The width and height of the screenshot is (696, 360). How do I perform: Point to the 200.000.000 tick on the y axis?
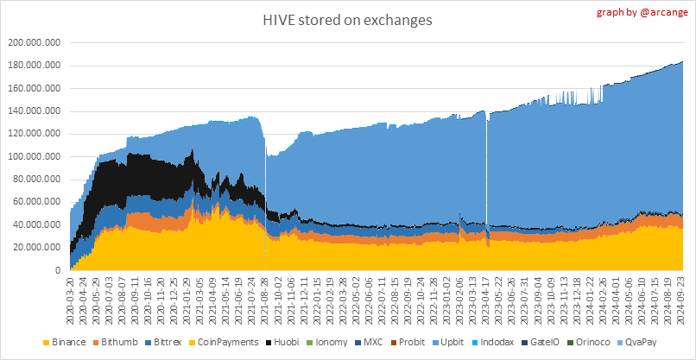click(x=34, y=42)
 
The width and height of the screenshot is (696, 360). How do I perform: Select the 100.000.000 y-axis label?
click(x=34, y=156)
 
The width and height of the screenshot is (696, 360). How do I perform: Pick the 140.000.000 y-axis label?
click(x=34, y=111)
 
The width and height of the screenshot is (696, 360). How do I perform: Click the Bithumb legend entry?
click(x=125, y=343)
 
